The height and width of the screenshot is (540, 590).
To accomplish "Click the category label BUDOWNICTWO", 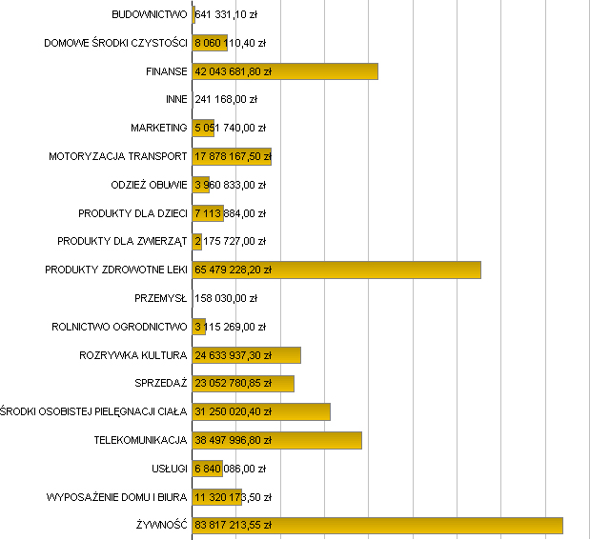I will click(x=150, y=15).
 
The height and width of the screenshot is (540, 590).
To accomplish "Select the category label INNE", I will click(x=176, y=99).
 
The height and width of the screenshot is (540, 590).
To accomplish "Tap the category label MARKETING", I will click(x=159, y=128).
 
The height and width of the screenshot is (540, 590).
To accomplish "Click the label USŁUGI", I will click(x=169, y=469).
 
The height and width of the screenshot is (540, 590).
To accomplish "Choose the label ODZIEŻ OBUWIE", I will click(x=150, y=185).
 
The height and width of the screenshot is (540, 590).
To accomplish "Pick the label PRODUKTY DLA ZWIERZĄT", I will click(x=122, y=241).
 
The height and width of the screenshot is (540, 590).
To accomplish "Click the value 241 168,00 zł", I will click(x=226, y=99).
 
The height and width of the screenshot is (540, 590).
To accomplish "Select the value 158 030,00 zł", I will click(x=226, y=298).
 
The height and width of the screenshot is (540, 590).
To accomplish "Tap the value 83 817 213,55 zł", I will click(x=234, y=526).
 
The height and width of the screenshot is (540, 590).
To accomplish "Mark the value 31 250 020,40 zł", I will click(x=234, y=412).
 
